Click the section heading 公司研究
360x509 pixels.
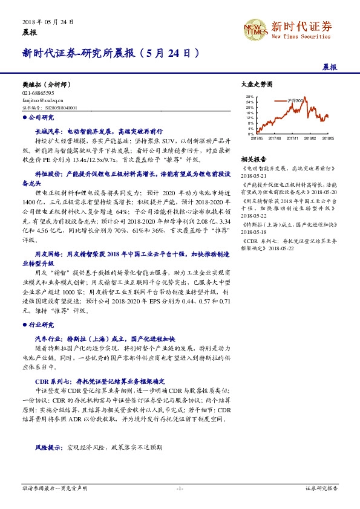point(41,117)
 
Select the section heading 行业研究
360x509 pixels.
point(41,325)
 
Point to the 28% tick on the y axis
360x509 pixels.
point(250,96)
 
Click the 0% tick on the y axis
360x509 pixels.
point(252,133)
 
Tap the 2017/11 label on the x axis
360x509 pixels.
point(293,138)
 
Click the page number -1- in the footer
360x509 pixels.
point(180,487)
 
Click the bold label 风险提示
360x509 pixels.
point(48,447)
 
